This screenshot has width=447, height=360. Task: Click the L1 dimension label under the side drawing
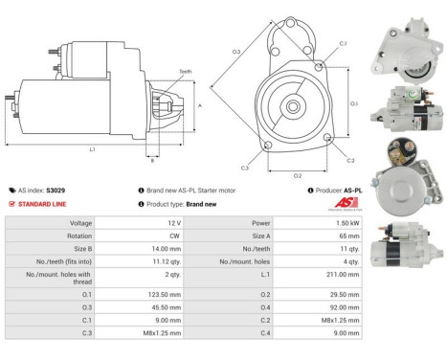coord(92,150)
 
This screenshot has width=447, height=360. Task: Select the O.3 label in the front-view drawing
coord(235,51)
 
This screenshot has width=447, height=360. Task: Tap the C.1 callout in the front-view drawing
coord(343,44)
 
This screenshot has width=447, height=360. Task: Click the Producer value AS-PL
coord(351,191)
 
